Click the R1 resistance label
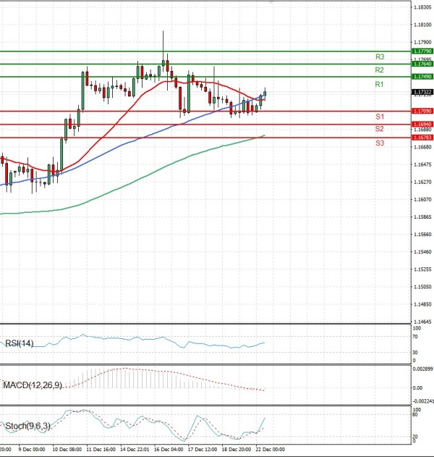tap(379, 85)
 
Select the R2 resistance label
tap(379, 70)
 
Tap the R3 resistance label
tap(379, 56)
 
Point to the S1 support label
tap(379, 117)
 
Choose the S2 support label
tap(379, 129)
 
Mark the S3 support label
tap(379, 143)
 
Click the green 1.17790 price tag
tap(422, 51)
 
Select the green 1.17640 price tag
tap(422, 64)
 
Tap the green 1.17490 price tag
tap(422, 76)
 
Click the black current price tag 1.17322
tap(422, 92)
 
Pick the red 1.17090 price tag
tap(422, 111)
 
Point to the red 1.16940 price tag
tap(422, 125)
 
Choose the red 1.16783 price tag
tap(422, 137)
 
